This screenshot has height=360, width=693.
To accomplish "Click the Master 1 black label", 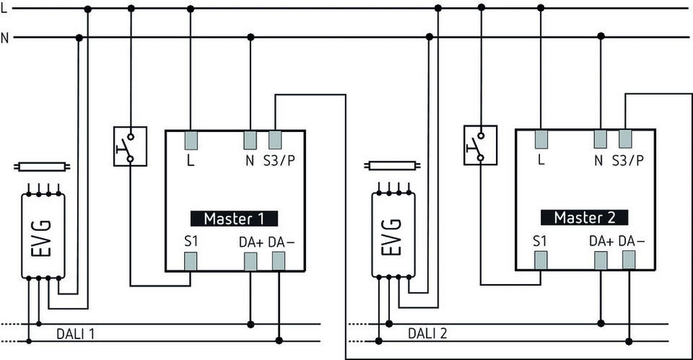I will click(x=233, y=219).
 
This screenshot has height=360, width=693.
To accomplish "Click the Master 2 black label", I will click(x=584, y=218).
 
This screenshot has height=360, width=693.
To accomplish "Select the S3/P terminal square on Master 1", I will click(x=275, y=139).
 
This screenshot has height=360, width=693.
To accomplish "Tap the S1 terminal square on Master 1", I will click(x=190, y=261).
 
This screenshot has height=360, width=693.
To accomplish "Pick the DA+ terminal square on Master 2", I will click(x=601, y=261).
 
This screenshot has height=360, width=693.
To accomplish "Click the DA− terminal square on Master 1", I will click(x=278, y=261).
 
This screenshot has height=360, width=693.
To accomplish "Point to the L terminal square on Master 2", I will click(x=541, y=139).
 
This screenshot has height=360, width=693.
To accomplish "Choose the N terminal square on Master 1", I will click(x=250, y=139).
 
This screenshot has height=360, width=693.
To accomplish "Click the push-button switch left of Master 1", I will click(x=130, y=146).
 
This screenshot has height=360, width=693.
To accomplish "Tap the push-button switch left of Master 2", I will click(x=480, y=145).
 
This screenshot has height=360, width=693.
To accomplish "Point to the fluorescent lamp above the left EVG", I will click(x=42, y=166).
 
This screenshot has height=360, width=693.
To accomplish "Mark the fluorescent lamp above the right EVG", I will click(x=393, y=164).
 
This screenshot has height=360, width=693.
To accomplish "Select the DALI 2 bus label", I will click(x=427, y=333).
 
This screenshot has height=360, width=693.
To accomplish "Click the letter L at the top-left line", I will click(x=4, y=8).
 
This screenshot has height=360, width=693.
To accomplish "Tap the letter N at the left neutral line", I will click(x=5, y=38).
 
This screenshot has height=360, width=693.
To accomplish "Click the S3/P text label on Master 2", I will click(x=627, y=161).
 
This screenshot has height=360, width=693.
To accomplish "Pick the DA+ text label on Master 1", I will click(x=250, y=242).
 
